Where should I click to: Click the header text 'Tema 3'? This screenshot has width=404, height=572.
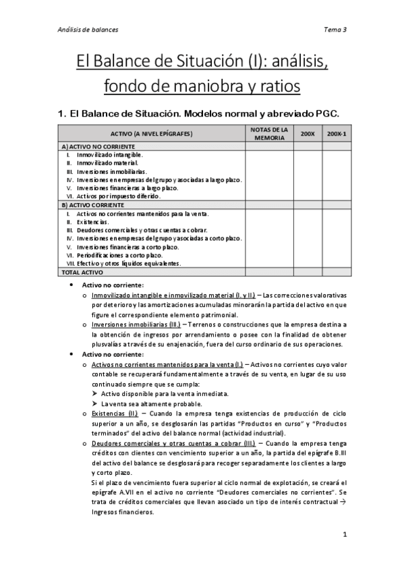coord(335,30)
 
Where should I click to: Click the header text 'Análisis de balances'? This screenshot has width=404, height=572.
coord(88,30)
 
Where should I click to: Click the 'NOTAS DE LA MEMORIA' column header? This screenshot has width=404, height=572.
coord(269,134)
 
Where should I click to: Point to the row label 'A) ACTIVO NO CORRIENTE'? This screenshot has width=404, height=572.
coord(98,146)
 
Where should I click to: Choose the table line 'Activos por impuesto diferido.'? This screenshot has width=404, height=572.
coord(118,196)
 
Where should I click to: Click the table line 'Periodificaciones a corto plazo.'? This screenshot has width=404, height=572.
coord(119,256)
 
